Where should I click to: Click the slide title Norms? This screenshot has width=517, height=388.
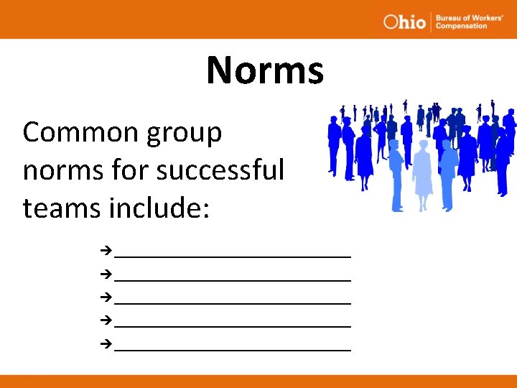click(x=265, y=70)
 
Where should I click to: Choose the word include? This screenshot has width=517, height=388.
click(x=159, y=208)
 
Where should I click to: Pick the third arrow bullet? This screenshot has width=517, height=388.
click(x=106, y=295)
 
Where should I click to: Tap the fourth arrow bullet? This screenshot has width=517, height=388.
click(x=106, y=318)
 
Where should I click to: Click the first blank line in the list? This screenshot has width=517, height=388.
click(x=233, y=255)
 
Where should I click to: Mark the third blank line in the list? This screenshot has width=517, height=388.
click(x=233, y=302)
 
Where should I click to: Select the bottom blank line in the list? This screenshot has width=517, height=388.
click(x=233, y=349)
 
